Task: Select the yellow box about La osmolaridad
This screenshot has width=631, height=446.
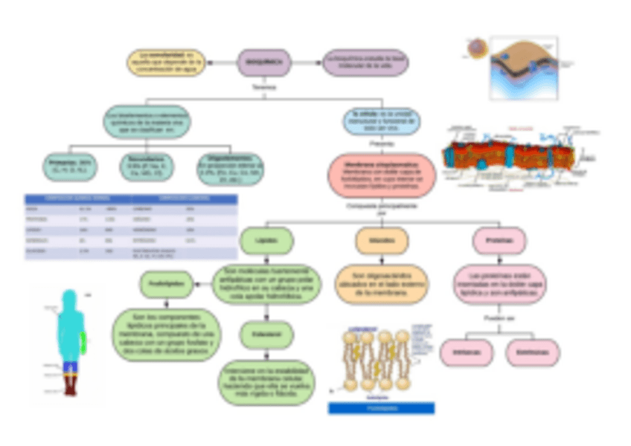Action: [164, 62]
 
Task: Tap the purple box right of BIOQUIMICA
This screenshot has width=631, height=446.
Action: [365, 62]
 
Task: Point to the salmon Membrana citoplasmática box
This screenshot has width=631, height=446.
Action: [382, 174]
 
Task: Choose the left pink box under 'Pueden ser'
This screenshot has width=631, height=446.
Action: [467, 352]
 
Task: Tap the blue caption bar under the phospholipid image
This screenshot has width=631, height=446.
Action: [382, 408]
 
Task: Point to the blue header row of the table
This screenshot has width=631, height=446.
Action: [131, 198]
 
